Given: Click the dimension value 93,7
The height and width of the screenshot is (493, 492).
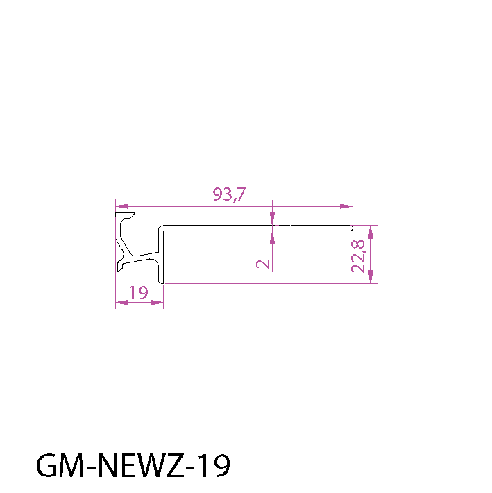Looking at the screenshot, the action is (229, 194).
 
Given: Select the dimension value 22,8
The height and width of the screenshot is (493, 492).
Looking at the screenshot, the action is (358, 256).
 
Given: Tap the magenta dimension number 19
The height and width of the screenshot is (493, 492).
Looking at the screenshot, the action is (138, 293).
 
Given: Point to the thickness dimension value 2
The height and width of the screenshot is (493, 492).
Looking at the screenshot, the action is (263, 264).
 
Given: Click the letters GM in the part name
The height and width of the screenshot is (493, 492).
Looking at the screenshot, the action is (60, 465).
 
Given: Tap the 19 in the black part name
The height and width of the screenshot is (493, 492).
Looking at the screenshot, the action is (216, 465).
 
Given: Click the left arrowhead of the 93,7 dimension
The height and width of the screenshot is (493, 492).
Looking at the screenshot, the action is (122, 206).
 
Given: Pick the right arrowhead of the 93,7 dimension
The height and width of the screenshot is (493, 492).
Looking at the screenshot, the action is (346, 206).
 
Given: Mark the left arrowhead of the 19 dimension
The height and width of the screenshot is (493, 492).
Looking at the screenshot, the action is (122, 303).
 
